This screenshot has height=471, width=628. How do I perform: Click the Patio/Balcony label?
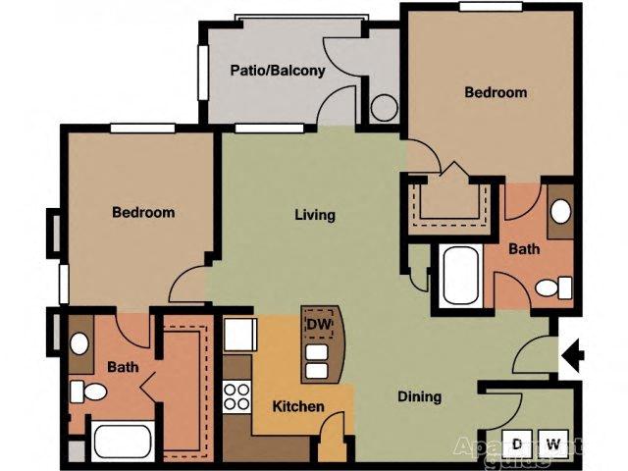click(278, 71)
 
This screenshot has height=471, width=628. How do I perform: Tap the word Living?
click(316, 215)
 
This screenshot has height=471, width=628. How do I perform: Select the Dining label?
click(419, 397)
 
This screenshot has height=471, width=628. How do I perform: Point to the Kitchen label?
click(298, 405)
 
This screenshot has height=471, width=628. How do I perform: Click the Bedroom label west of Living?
click(143, 212)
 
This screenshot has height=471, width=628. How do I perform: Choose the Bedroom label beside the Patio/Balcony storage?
click(496, 93)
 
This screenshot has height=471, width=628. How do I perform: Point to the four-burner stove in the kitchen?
click(236, 395)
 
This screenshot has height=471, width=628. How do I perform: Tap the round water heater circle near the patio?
click(384, 107)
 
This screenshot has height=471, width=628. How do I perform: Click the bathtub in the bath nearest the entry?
click(459, 276)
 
